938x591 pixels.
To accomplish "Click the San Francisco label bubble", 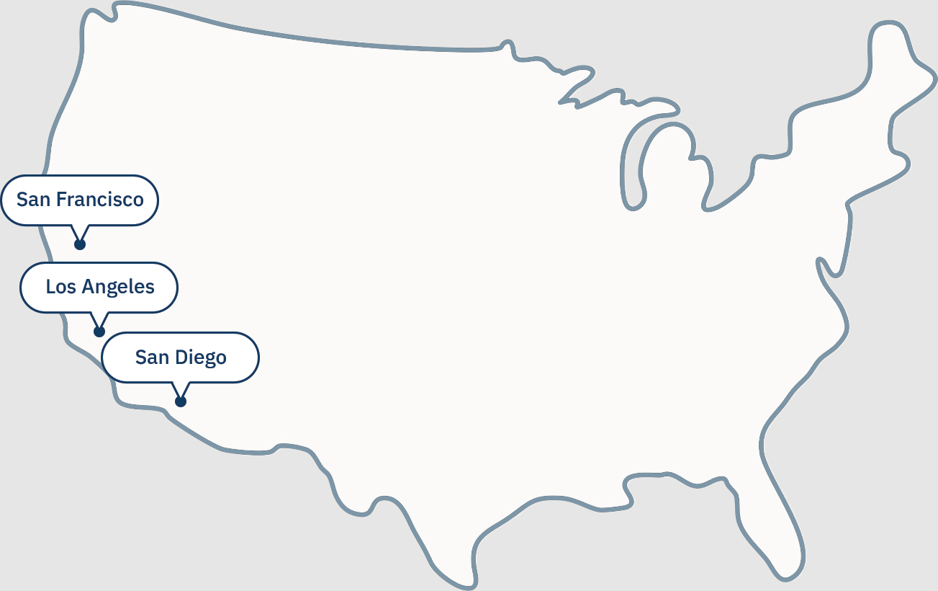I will (79, 200).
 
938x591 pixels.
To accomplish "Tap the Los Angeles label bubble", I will (99, 287).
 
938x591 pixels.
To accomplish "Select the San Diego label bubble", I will (180, 357).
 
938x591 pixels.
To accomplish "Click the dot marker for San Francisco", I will (80, 244).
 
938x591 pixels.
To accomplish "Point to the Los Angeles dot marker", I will (99, 332).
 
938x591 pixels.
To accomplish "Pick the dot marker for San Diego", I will (181, 401).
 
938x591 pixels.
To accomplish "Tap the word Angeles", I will (118, 288).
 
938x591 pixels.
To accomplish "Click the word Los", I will (60, 287).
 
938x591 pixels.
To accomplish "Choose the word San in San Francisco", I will (33, 200).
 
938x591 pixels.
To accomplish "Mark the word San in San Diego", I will (152, 357).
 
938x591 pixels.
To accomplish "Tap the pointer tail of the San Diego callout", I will (181, 390).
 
